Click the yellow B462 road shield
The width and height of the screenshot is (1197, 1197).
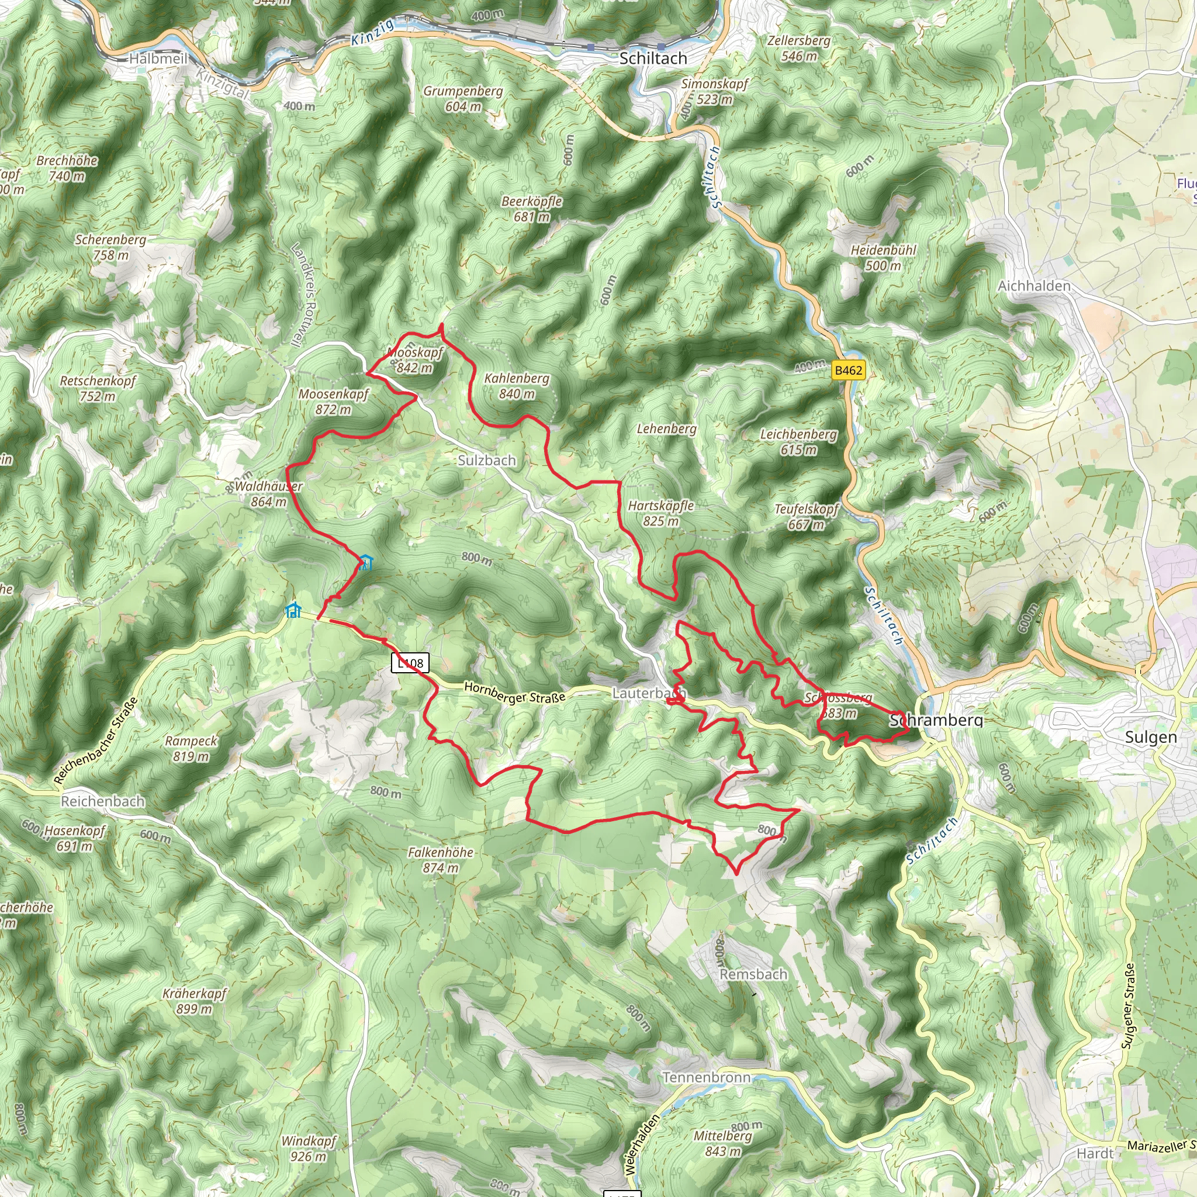coord(848,371)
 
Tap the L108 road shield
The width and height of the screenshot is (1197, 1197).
coord(410,663)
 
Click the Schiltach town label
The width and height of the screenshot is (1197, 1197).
coord(653,58)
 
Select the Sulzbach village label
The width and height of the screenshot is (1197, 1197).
coord(486,461)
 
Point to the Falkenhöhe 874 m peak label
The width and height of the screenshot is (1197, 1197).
coord(441,860)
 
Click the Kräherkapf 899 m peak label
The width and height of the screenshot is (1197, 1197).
coord(195,1001)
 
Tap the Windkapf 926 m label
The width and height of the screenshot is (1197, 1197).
coord(309,1148)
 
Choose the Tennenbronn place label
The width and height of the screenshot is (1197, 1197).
coord(706,1077)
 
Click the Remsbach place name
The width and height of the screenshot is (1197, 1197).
coord(753,974)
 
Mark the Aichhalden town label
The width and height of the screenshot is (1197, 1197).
coord(1034,286)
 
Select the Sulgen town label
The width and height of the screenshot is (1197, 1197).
coord(1150,737)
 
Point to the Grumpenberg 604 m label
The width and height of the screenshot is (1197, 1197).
coord(463,99)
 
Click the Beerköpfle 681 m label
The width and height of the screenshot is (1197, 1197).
coord(532,209)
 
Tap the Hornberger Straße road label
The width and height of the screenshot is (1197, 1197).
coord(514,693)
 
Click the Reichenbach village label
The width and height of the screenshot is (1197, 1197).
coord(103,801)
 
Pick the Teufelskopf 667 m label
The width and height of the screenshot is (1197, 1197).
coord(806,517)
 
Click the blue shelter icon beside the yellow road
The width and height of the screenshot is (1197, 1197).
coord(292,610)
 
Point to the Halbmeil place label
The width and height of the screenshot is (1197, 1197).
coord(158,59)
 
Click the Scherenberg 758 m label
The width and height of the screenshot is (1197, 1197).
coord(111,247)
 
